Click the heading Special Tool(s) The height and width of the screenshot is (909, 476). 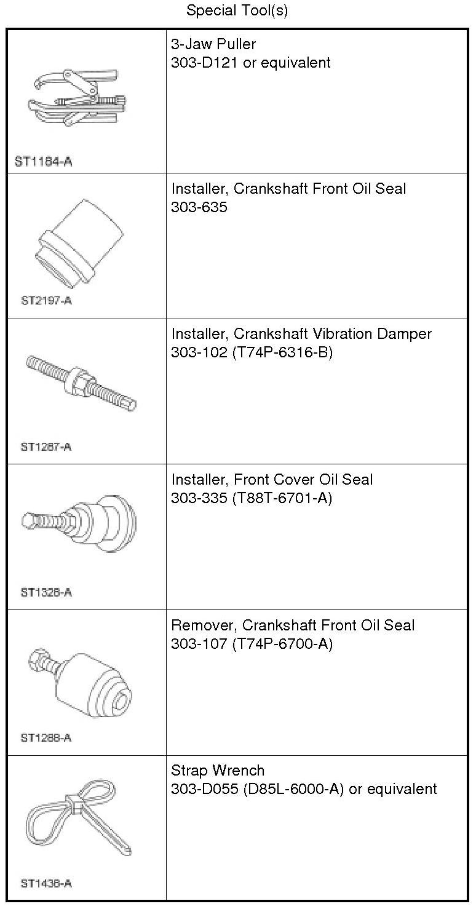click(237, 10)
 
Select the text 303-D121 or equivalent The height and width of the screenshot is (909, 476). click(251, 63)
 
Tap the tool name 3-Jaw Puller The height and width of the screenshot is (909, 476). click(213, 44)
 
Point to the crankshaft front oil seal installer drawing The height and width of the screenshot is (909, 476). click(80, 244)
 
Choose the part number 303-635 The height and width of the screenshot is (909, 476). click(199, 207)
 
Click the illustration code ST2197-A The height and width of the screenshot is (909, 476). click(46, 301)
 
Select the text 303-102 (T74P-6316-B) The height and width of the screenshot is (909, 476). click(252, 352)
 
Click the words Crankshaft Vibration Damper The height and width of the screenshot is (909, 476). click(333, 334)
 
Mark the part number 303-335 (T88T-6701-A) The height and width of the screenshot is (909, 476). click(252, 498)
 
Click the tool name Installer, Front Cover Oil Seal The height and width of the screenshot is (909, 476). click(272, 480)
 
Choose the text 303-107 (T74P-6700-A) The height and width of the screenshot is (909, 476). click(252, 644)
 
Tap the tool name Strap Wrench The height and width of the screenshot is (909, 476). click(218, 771)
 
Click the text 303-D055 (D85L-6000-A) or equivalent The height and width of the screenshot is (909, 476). click(304, 789)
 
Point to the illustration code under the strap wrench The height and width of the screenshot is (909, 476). click(46, 884)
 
